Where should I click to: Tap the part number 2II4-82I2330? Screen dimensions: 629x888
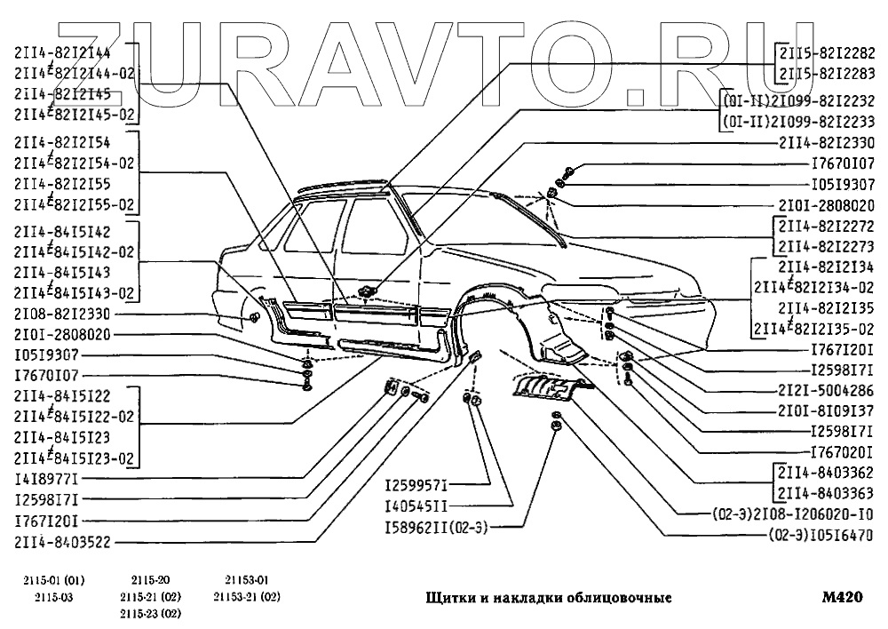[826, 142]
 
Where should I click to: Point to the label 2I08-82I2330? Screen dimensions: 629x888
[61, 314]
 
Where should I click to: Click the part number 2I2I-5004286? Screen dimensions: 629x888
[826, 389]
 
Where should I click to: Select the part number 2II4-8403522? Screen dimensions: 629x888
[61, 541]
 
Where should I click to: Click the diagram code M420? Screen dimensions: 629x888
[843, 596]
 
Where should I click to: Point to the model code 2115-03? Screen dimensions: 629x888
[42, 596]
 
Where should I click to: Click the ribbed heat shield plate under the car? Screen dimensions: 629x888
[546, 387]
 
